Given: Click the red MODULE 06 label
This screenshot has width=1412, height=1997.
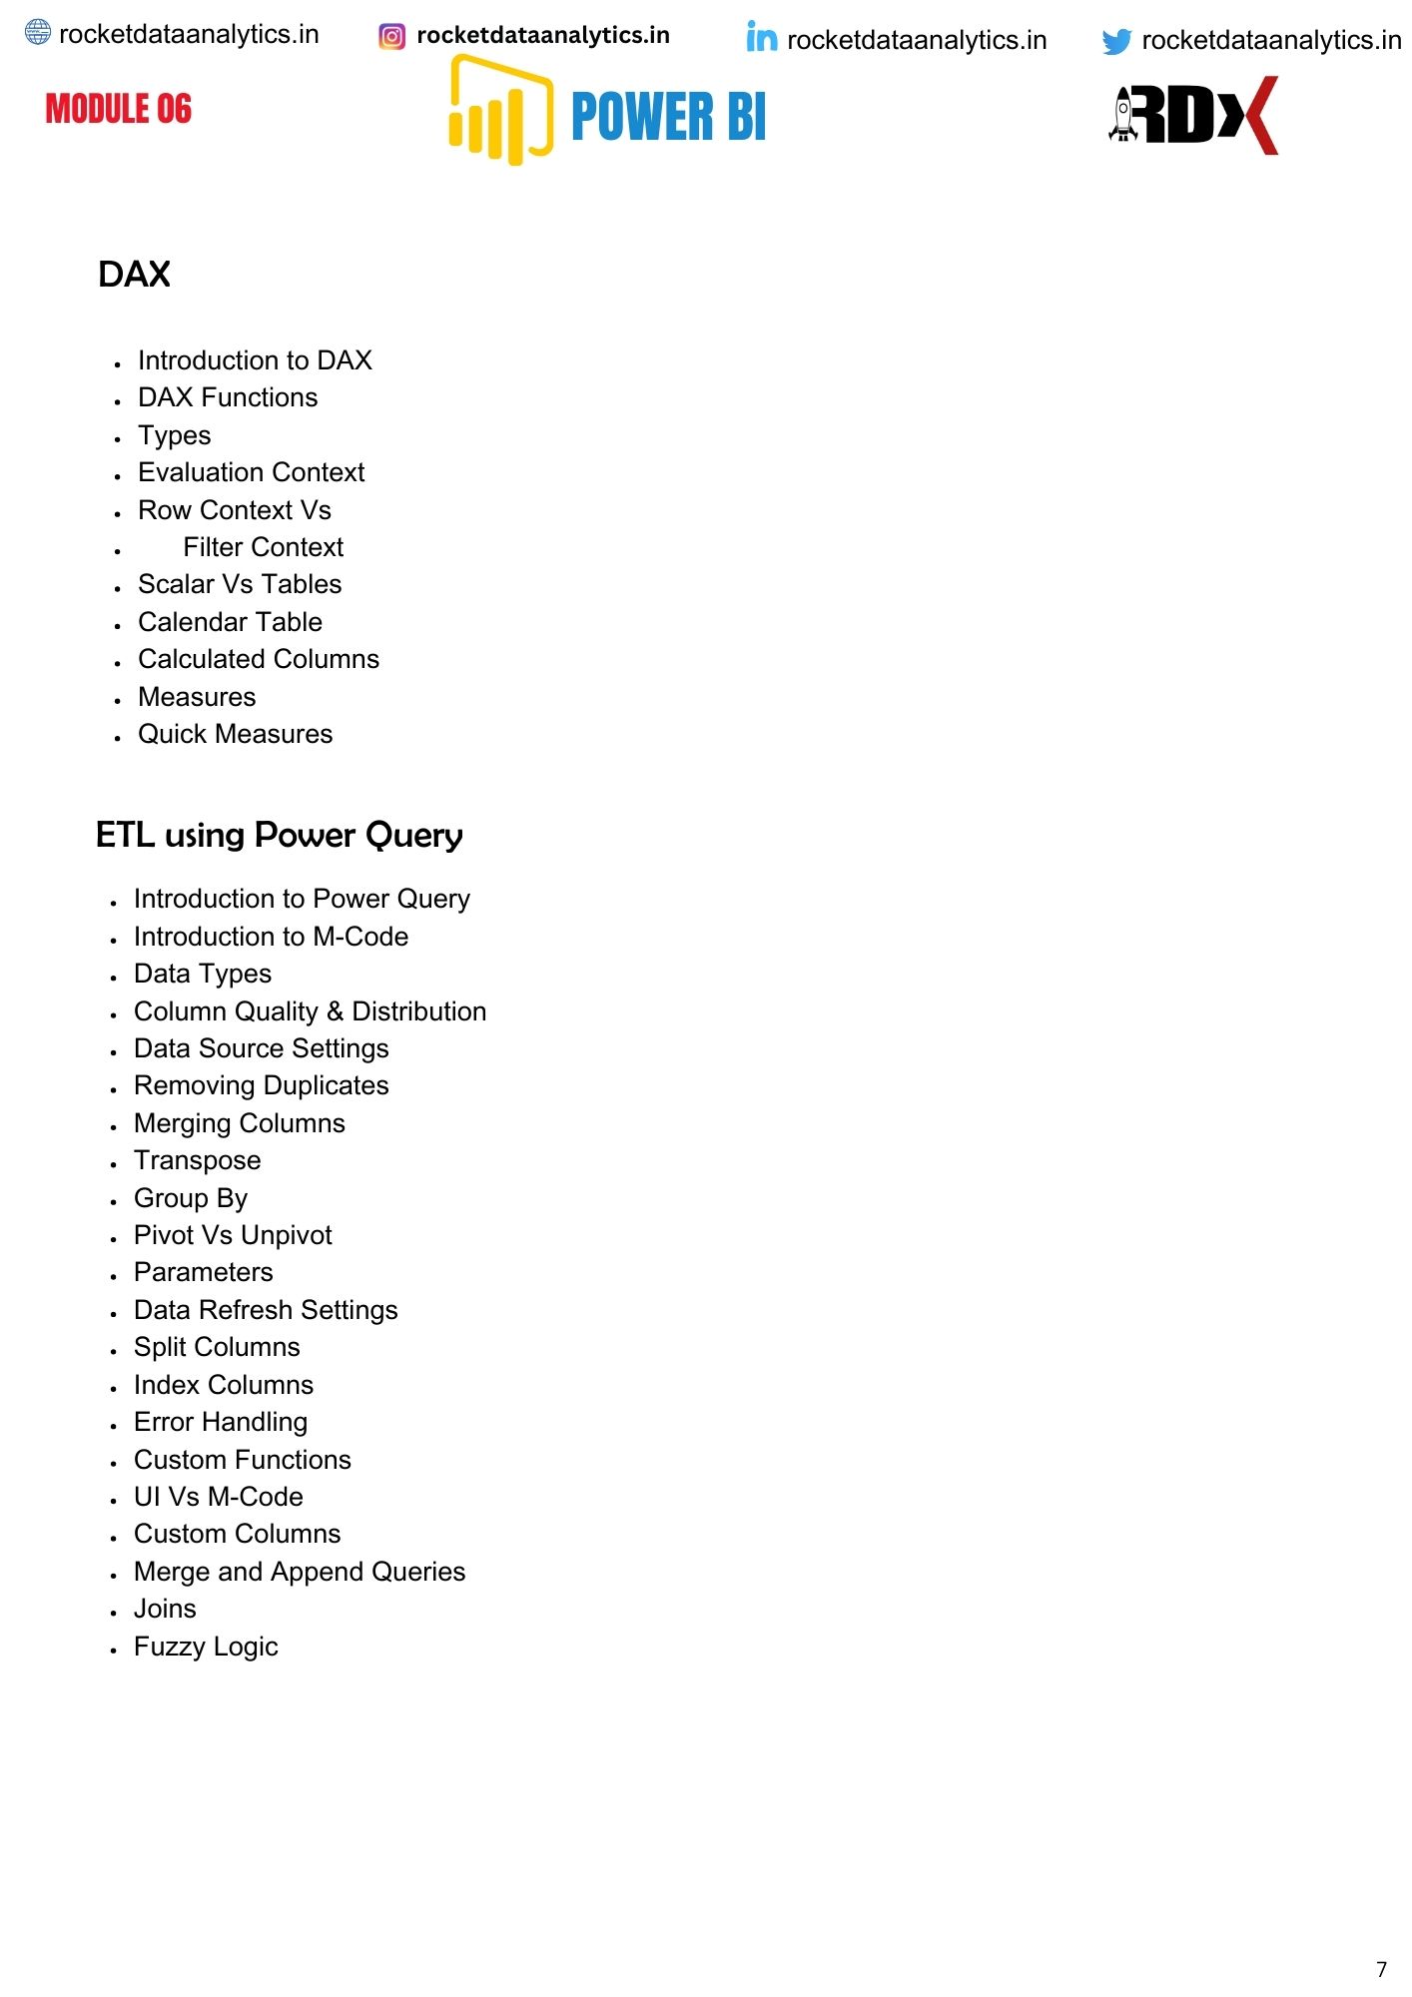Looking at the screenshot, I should [118, 109].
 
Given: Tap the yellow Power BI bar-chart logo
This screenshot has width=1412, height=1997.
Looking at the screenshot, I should [499, 112].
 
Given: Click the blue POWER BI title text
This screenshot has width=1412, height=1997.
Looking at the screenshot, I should [668, 117].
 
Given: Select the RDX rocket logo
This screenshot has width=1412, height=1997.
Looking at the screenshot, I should [1194, 115].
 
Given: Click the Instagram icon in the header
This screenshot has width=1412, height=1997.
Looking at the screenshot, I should [392, 37].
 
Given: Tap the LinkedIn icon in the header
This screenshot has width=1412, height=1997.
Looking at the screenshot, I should [761, 38].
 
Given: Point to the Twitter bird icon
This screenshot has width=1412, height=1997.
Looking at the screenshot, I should [1116, 41].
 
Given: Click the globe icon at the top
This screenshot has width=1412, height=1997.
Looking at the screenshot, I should [38, 33].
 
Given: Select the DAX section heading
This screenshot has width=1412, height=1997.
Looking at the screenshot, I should [135, 275].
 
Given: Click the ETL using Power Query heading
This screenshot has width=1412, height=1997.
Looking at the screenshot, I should [279, 835].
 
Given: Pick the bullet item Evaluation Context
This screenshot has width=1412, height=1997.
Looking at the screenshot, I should [251, 472].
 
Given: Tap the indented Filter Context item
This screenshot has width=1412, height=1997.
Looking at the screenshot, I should [263, 547].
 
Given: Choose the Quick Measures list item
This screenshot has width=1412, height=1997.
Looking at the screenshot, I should [235, 734].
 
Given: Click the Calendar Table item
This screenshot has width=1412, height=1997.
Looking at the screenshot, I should [230, 622].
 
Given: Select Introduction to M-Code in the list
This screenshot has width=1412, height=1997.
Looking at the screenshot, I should [271, 937].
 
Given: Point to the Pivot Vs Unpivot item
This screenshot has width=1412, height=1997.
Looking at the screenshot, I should [233, 1235].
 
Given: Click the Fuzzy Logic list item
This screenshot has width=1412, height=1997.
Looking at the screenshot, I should [206, 1647].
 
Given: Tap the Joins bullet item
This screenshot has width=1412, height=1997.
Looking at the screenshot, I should [165, 1609].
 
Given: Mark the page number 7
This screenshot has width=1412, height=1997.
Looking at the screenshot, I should [1381, 1969].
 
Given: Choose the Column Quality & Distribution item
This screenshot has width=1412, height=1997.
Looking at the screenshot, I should [310, 1011].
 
